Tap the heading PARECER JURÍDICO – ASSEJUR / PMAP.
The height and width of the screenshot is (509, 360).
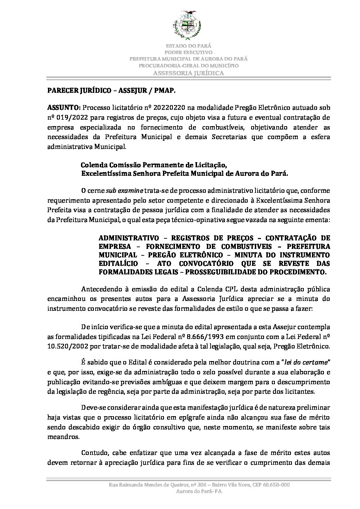(112, 91)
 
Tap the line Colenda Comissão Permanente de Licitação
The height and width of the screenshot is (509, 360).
(153, 165)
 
